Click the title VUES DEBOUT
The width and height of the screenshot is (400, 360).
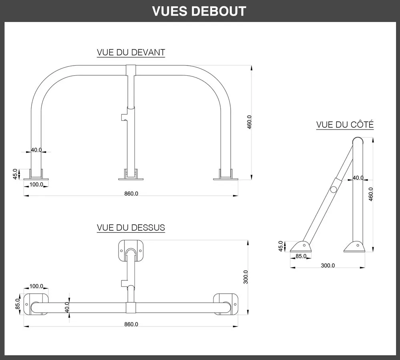point(199,11)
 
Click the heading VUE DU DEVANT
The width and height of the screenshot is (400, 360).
point(131,52)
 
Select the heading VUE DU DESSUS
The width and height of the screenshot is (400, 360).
point(131,228)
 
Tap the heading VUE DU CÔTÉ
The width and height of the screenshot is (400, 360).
point(345,125)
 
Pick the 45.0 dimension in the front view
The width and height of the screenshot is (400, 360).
point(15,174)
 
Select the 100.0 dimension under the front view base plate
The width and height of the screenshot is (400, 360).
point(36,184)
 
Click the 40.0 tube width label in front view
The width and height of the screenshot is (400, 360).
point(36,150)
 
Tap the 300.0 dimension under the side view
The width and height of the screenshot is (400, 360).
point(328,266)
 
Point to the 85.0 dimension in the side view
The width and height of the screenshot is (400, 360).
point(301,256)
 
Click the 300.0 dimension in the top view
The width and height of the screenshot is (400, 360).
point(246,277)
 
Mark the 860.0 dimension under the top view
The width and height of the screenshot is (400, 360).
point(131,324)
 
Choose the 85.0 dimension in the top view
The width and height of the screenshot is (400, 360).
point(18,304)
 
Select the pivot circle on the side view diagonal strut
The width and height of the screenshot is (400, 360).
point(333,190)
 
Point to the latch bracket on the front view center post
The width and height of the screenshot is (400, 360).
point(124,117)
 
